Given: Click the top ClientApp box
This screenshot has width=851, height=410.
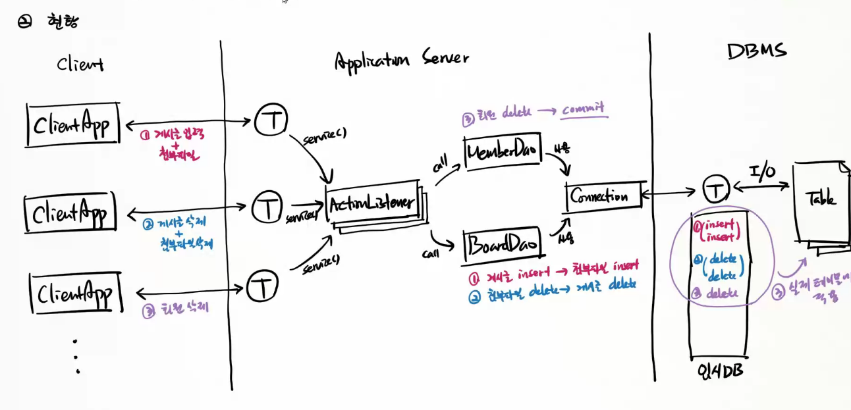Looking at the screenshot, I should pyautogui.click(x=73, y=124).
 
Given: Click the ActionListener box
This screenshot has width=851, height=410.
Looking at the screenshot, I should pyautogui.click(x=372, y=202).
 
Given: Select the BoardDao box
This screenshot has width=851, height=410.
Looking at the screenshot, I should pyautogui.click(x=501, y=244).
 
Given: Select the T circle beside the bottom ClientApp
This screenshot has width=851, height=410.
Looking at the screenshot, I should pyautogui.click(x=262, y=286).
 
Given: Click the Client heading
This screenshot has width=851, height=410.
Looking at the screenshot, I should pyautogui.click(x=80, y=64).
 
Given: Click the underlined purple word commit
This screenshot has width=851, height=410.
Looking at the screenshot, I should pyautogui.click(x=582, y=110).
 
